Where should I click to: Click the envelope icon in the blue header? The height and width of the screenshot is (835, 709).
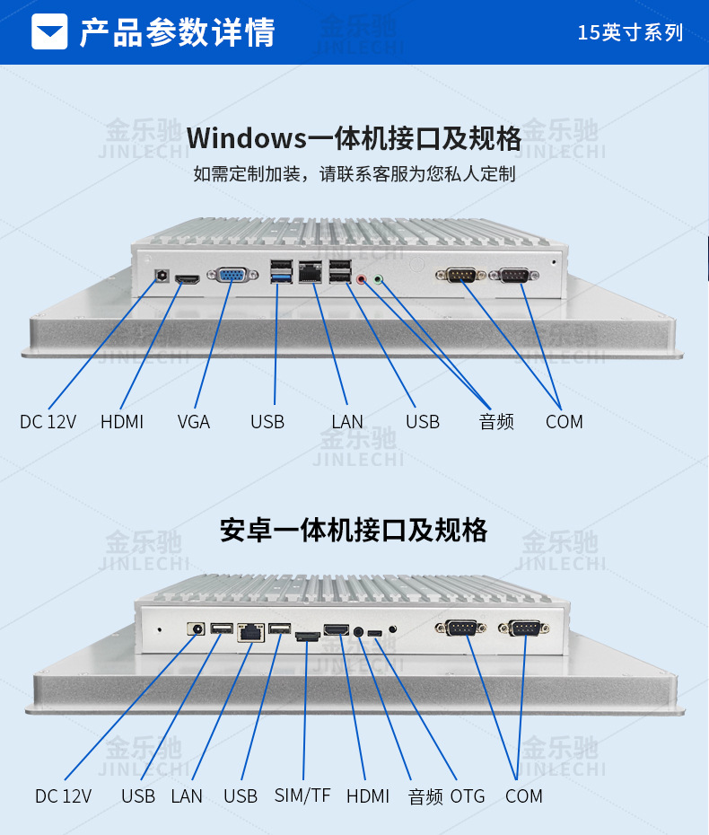pos(49,32)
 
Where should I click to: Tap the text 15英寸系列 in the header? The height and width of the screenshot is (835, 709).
pos(630,33)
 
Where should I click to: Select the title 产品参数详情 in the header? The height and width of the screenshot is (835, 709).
pos(177,32)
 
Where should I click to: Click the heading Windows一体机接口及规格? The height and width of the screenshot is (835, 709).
pos(354,139)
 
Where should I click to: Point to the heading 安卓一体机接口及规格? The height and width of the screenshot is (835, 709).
pos(354,530)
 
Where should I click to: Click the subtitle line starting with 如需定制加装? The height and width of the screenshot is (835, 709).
pos(354,173)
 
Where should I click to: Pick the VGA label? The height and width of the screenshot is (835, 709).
pos(194,421)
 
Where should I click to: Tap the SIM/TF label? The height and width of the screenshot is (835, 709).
pos(302,795)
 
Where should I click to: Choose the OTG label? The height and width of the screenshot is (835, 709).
pos(468,796)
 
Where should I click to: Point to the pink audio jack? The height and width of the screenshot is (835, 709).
pos(362,279)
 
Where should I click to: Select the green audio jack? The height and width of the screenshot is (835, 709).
pos(379,279)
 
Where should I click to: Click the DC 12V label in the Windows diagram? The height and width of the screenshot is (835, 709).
pos(48,421)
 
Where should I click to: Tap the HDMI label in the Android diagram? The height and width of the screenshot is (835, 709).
pos(368,796)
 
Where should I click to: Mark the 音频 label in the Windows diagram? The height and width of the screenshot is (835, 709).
pos(496,421)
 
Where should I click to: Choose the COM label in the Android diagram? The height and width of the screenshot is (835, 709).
pos(524,796)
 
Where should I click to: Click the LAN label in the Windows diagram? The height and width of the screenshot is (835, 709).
pos(347,421)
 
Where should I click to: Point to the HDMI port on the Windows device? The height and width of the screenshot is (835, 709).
pos(188,280)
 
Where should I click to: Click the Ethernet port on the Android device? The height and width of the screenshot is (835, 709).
pos(250,632)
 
